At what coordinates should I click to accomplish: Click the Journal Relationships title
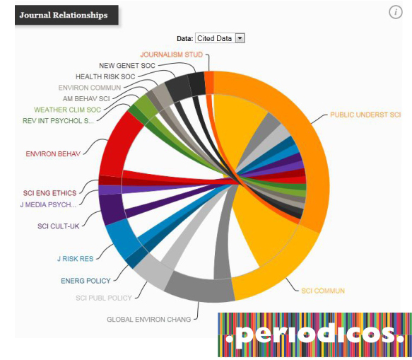tap(64, 15)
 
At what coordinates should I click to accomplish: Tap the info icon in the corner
tap(396, 13)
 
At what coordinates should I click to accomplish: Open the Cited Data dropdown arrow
tap(240, 38)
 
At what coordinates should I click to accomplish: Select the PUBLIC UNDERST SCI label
tap(365, 115)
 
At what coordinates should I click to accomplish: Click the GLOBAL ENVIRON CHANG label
tap(148, 320)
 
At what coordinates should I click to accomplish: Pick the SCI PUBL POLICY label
tap(104, 298)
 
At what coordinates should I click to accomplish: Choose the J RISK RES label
tap(74, 259)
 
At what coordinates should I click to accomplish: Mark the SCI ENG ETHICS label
tap(49, 192)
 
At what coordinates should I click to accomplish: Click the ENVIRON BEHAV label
tap(53, 153)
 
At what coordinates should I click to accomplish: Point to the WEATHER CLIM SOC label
tap(68, 110)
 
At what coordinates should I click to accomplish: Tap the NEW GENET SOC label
tap(127, 66)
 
